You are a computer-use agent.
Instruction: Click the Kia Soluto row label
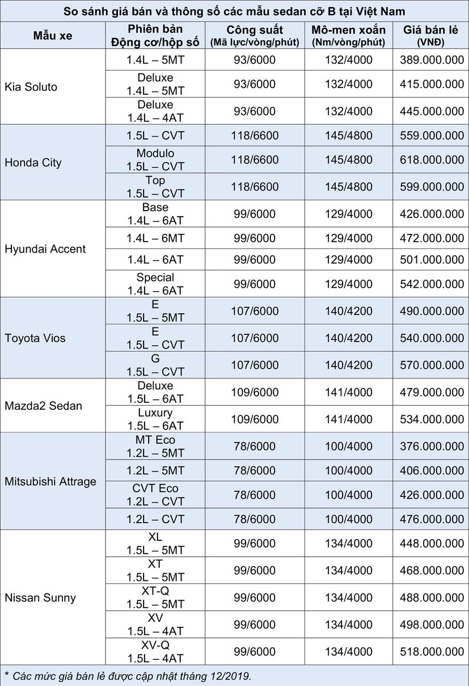31,87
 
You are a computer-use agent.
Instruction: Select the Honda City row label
33,163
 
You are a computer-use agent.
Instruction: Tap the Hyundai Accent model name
45,249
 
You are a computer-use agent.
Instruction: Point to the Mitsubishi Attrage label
50,481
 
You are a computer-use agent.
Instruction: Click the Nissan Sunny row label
40,597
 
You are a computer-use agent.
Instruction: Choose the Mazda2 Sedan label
43,406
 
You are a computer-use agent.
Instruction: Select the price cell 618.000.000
432,160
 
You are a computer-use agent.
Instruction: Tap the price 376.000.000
432,447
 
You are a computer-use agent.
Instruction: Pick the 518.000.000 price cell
432,652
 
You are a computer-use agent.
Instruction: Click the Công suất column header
255,35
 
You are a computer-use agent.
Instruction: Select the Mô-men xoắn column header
348,35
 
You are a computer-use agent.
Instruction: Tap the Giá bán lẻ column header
430,35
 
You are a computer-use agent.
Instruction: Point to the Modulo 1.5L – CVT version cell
155,160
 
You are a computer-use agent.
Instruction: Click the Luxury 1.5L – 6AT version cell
155,419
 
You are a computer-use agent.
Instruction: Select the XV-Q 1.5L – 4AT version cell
155,652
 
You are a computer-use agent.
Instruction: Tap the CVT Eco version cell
155,495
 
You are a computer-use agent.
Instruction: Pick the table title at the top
234,11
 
